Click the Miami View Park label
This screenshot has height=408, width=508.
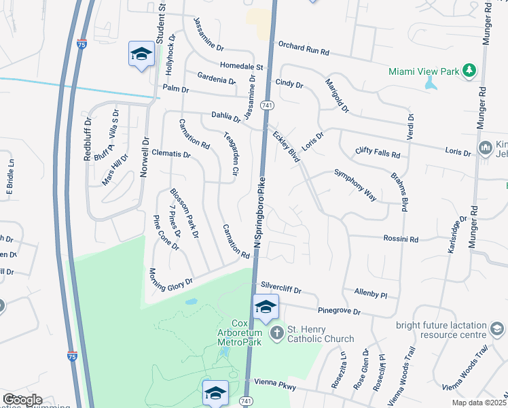423,71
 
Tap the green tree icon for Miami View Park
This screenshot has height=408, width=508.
468,71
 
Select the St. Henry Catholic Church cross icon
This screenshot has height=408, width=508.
276,333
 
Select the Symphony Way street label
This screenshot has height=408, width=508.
355,184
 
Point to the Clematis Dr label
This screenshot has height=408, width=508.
171,154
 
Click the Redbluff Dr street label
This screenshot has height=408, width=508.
87,143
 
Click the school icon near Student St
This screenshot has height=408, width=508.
141,55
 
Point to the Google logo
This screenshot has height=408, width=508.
22,400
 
